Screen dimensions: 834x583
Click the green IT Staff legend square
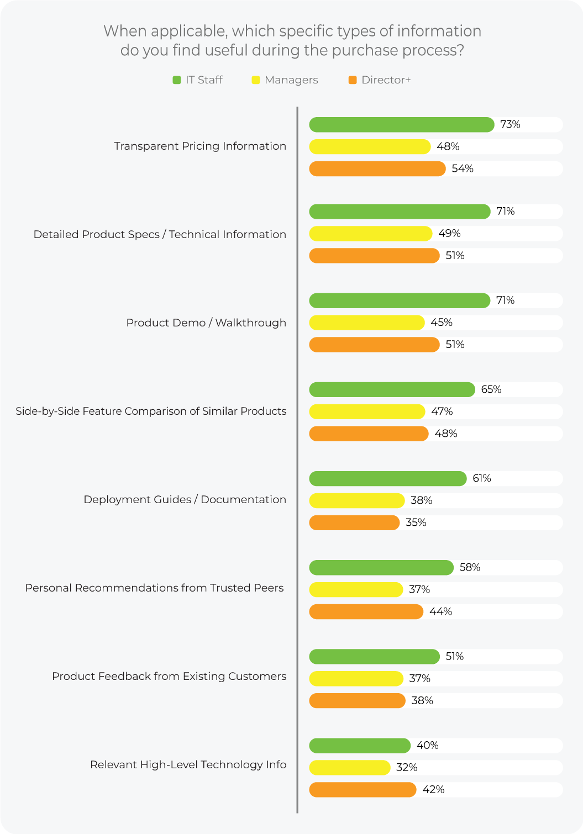click(x=177, y=80)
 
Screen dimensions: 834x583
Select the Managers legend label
click(x=291, y=80)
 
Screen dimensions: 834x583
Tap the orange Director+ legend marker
click(x=353, y=80)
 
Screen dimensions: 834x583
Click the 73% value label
click(x=510, y=124)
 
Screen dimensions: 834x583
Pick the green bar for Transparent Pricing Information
click(x=401, y=125)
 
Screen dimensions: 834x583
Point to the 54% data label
click(x=463, y=168)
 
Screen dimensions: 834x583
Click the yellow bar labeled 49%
click(x=370, y=234)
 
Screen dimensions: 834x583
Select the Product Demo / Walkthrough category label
click(x=206, y=323)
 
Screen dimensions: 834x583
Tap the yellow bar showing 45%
click(x=366, y=323)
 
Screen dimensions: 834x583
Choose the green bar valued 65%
click(x=392, y=389)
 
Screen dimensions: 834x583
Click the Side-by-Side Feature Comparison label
click(x=151, y=411)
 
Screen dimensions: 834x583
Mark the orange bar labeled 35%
click(x=354, y=522)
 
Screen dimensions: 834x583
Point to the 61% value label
click(x=482, y=478)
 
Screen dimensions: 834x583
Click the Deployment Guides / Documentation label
click(x=185, y=499)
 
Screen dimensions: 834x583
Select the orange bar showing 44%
click(x=366, y=611)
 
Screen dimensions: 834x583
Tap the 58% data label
click(x=470, y=567)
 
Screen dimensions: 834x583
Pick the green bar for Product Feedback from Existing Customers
click(x=374, y=656)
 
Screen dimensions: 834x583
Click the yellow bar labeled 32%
click(x=349, y=768)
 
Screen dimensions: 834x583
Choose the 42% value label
click(x=433, y=790)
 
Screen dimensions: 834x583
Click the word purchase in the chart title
click(x=365, y=50)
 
